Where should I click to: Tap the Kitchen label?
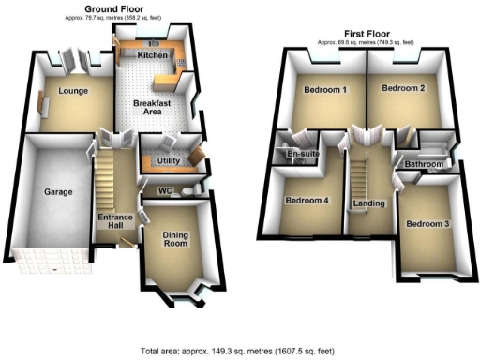click(x=152, y=56)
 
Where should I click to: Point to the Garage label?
click(x=58, y=192)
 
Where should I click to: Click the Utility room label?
click(x=169, y=161)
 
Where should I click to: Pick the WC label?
click(x=165, y=191)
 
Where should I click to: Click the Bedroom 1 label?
click(x=325, y=90)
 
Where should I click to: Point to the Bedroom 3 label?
click(x=427, y=223)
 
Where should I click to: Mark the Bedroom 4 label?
click(x=307, y=200)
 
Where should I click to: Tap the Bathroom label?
click(x=423, y=164)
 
